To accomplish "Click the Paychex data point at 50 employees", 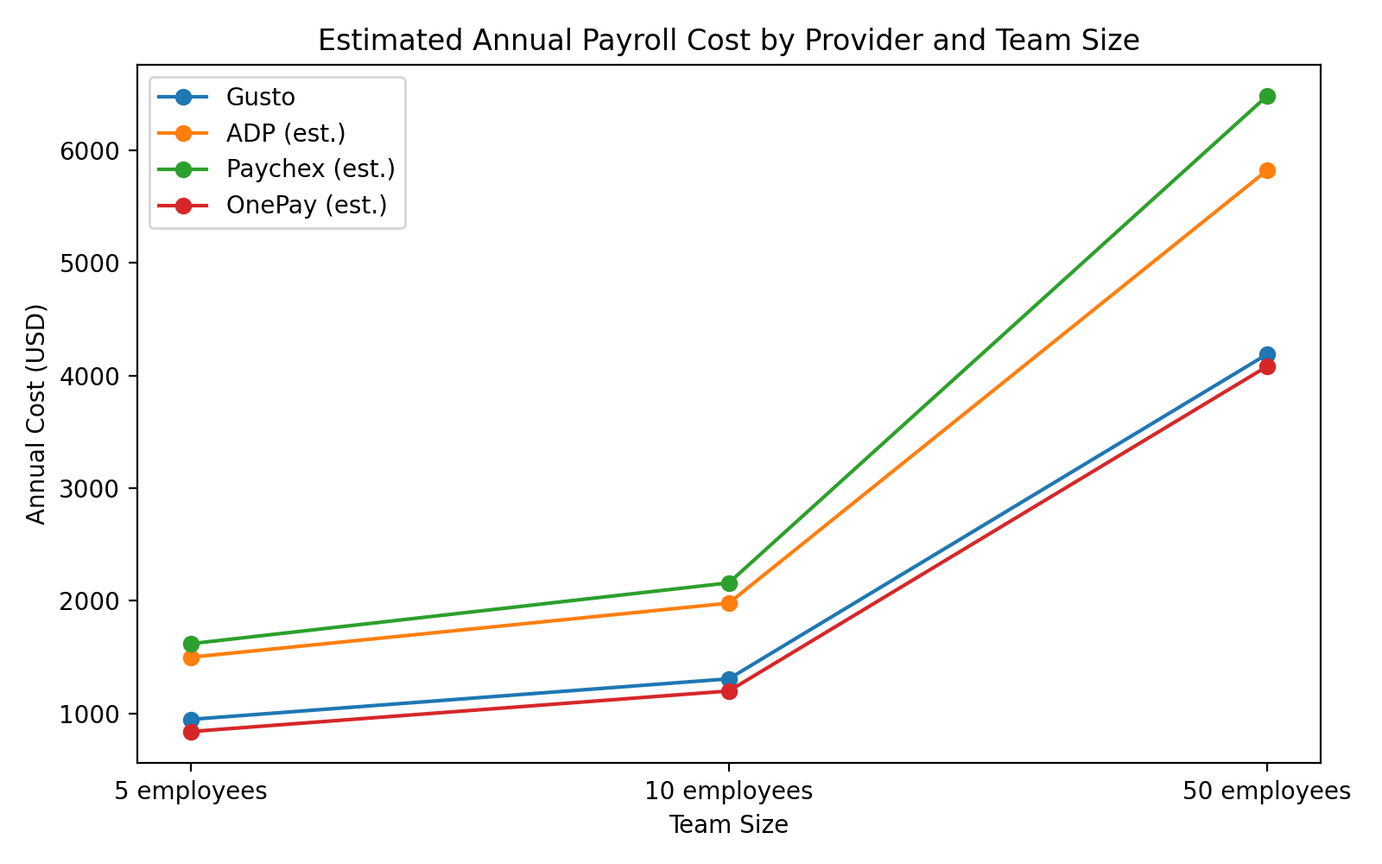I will (x=1267, y=96).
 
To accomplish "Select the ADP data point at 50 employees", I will (x=1267, y=170).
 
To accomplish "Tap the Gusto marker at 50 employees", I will (x=1267, y=354).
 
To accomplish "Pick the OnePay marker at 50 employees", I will (x=1267, y=366).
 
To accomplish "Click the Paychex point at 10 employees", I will (x=729, y=583).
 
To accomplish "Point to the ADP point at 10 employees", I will (x=729, y=603).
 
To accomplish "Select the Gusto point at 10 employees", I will (x=729, y=679).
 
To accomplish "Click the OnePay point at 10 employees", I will (x=729, y=691).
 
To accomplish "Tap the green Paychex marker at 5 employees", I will (x=191, y=644).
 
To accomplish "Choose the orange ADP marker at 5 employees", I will (x=191, y=658).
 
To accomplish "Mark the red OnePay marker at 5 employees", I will (x=191, y=732).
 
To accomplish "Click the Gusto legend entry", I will (x=260, y=97).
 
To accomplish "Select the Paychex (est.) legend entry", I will (x=310, y=168).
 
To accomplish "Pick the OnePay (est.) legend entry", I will (x=306, y=206).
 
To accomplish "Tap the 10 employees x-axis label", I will (x=729, y=791).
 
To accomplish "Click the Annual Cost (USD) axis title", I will (x=35, y=414).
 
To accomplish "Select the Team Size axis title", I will (x=729, y=825).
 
